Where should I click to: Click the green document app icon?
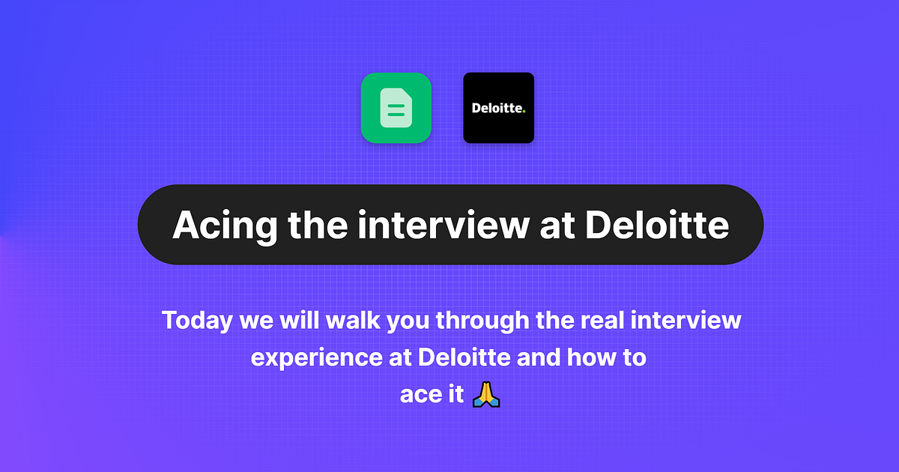pos(396,108)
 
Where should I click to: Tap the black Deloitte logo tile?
pos(498,108)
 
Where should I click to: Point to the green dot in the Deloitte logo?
pos(524,112)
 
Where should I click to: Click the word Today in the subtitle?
pos(197,321)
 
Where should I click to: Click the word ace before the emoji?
pos(420,395)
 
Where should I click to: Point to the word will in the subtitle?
pos(303,321)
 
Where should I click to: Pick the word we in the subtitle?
pos(257,321)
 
